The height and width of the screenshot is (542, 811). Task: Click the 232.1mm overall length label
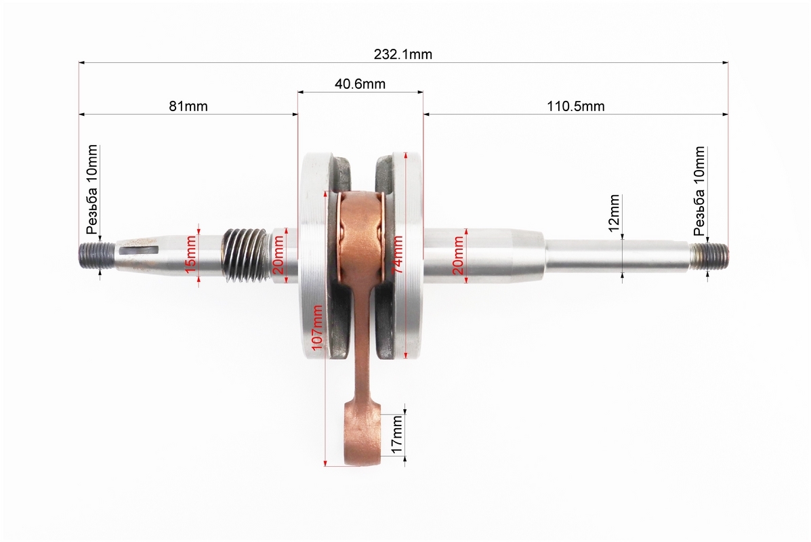pyautogui.click(x=403, y=54)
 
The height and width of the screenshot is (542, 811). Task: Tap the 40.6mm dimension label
pyautogui.click(x=360, y=84)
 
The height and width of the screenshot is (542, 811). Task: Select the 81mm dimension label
pyautogui.click(x=188, y=106)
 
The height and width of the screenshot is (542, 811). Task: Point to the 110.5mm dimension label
pyautogui.click(x=576, y=106)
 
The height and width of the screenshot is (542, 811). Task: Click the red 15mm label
pyautogui.click(x=191, y=255)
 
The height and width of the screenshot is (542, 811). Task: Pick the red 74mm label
pyautogui.click(x=397, y=255)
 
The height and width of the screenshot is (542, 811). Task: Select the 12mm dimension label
pyautogui.click(x=614, y=213)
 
